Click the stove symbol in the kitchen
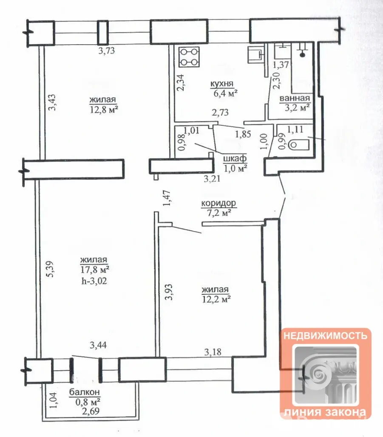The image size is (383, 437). click(x=189, y=57)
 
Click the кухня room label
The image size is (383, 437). click(x=222, y=84)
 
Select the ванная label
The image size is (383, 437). click(x=295, y=98)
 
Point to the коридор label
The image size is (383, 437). click(x=218, y=203)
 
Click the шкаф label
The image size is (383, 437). click(x=235, y=158)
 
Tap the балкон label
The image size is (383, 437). click(x=85, y=392)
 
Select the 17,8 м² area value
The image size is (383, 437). click(x=95, y=270)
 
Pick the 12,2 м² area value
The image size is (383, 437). click(x=216, y=299)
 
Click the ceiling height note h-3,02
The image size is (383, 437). click(x=94, y=281)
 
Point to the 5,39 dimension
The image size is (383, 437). click(x=49, y=269)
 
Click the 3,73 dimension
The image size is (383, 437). click(x=107, y=51)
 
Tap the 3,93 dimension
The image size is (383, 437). click(x=168, y=292)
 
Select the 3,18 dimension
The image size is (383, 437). click(x=213, y=352)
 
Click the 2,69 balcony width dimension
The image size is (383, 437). click(x=91, y=411)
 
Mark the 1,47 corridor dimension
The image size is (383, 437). click(x=167, y=198)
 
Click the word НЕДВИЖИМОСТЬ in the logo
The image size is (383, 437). click(x=325, y=335)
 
